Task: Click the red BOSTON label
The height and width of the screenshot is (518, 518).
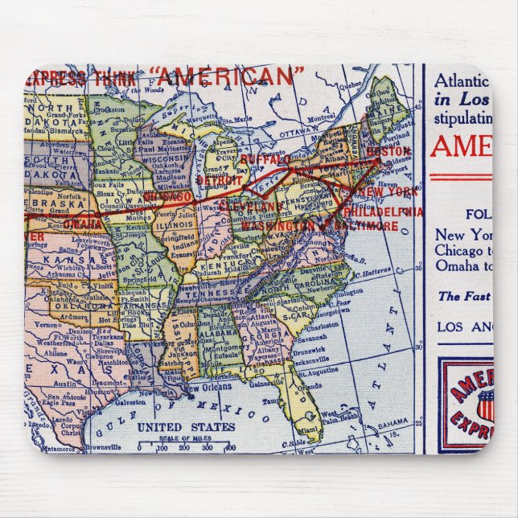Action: [x=388, y=150]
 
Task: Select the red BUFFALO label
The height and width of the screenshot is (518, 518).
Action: [x=265, y=160]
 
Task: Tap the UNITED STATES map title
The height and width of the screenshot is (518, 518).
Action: [x=186, y=426]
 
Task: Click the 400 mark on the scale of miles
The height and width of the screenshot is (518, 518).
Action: [x=231, y=447]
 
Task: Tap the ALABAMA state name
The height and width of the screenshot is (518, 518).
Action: [x=219, y=331]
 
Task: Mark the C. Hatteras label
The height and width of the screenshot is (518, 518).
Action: [x=371, y=273]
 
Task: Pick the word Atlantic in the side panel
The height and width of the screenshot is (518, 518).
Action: [x=462, y=80]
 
